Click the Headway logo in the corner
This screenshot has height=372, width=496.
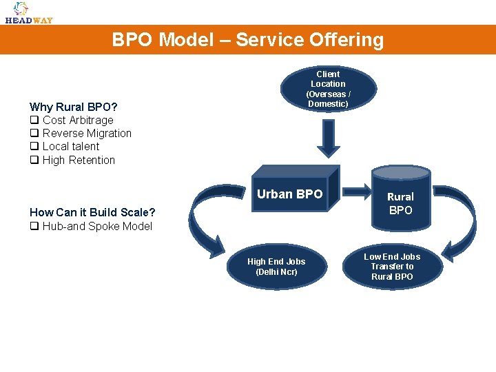[28, 12]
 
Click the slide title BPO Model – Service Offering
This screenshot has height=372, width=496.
[248, 40]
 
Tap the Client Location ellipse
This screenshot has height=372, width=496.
[328, 89]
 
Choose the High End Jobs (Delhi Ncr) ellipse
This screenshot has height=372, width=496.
[276, 267]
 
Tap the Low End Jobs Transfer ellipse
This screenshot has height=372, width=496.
[392, 267]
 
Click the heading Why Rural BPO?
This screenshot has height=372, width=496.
[73, 107]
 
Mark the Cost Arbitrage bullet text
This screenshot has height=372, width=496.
[78, 120]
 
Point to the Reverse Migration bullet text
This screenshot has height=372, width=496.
[87, 133]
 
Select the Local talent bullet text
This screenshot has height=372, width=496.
[71, 146]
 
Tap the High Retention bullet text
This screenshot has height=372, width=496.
[79, 160]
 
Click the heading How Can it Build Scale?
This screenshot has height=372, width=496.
[92, 212]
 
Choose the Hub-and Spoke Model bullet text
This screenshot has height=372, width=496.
[97, 226]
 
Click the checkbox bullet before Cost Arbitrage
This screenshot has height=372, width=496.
[33, 120]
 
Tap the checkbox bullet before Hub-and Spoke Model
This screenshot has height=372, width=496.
[33, 226]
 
